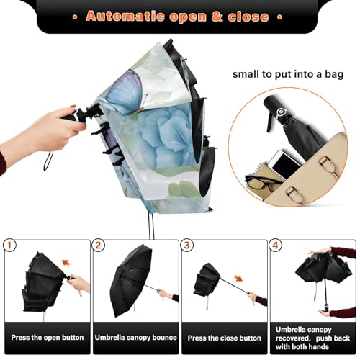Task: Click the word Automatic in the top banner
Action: pos(125,16)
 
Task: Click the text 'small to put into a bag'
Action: pos(289,73)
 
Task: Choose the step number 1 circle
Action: pos(11,245)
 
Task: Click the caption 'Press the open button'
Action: pos(46,337)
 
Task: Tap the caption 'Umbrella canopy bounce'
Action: pos(135,337)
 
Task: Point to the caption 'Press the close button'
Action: pos(223,337)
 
